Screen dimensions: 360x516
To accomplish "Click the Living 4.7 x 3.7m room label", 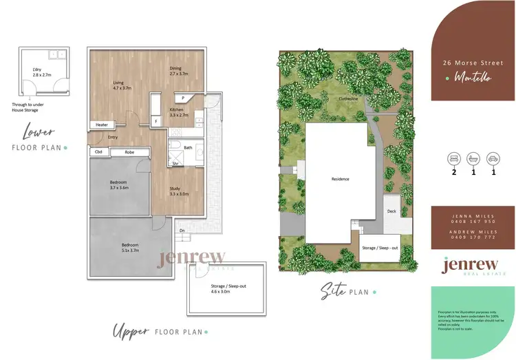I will coord(122,85).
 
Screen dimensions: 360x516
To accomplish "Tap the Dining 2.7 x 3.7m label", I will coord(178,70).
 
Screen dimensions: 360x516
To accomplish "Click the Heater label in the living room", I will coord(102,125).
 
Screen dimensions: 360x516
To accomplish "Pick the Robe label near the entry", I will coord(129,151).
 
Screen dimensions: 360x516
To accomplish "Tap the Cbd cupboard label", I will coord(98,151).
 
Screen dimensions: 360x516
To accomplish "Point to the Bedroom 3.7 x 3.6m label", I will coord(118,184).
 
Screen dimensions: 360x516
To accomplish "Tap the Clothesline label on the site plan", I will coord(347,99).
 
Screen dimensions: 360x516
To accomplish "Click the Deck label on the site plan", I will coord(391,211).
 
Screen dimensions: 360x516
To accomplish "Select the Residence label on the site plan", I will coord(340,179).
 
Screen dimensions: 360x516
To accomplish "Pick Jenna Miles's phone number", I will coord(473,222).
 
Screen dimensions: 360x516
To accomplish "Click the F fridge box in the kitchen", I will coord(156,121).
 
